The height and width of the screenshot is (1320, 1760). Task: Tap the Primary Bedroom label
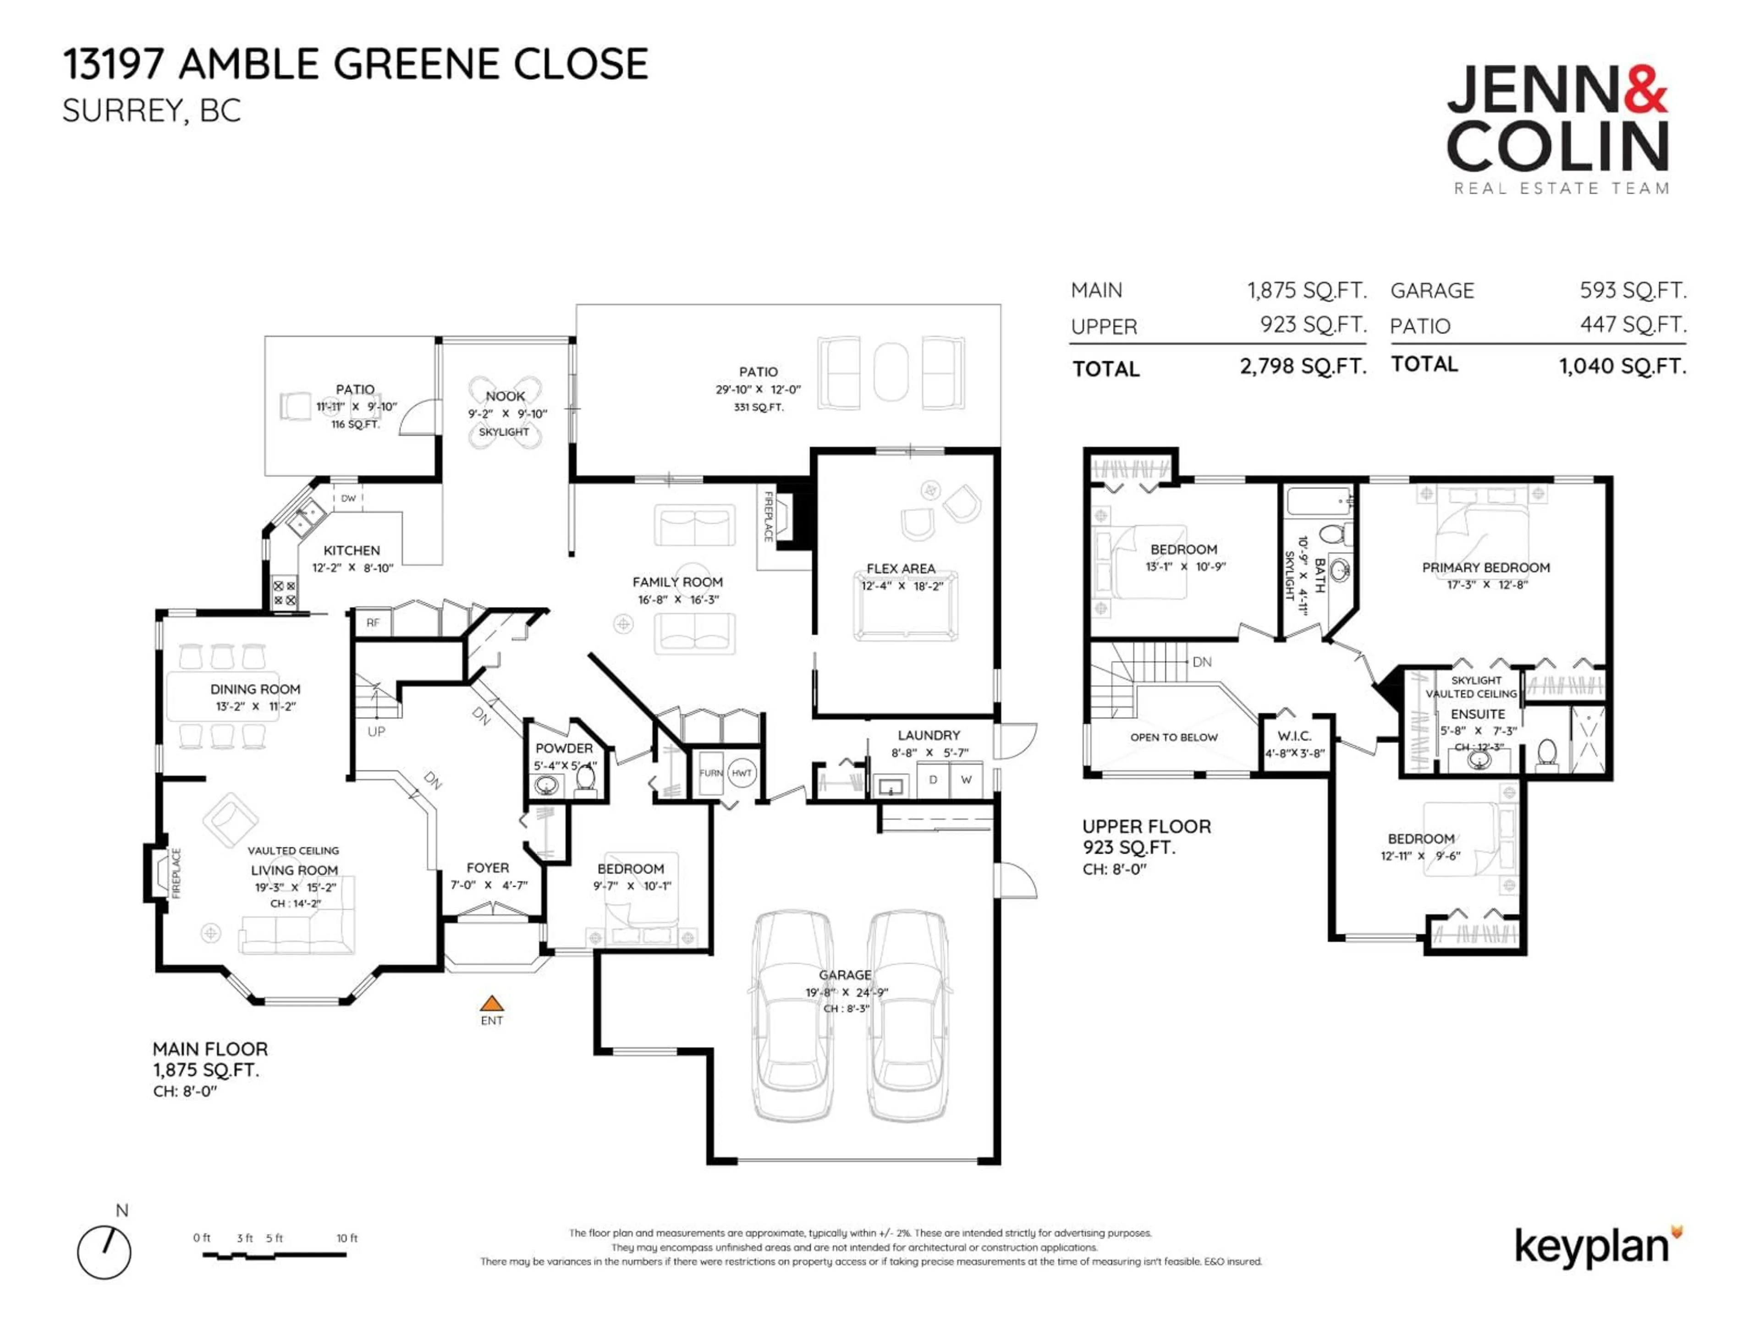tap(1485, 568)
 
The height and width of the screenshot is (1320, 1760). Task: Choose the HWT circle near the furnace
tap(742, 773)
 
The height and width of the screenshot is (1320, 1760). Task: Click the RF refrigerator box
tap(373, 623)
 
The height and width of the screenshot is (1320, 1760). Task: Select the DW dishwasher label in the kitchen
tap(348, 499)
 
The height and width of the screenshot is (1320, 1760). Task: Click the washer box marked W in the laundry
tap(966, 780)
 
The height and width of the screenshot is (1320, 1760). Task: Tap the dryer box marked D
tap(933, 780)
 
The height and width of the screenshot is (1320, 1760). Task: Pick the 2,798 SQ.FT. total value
tap(1303, 366)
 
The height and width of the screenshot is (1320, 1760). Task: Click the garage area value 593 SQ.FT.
tap(1633, 291)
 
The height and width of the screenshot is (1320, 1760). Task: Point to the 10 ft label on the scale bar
tap(347, 1238)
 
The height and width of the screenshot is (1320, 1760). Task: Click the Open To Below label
tap(1174, 737)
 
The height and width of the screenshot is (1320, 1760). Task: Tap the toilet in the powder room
tap(586, 776)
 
